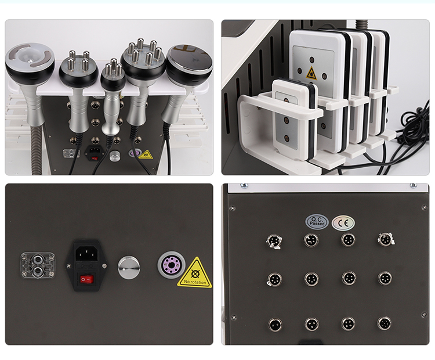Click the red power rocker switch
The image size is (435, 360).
point(86,279)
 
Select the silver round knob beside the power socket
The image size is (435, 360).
point(129,267)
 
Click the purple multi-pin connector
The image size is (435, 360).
point(171,265)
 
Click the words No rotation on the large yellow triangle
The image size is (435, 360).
point(194,282)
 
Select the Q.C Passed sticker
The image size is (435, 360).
point(317,222)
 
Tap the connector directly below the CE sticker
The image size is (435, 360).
point(348,239)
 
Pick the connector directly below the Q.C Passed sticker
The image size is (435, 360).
point(311,240)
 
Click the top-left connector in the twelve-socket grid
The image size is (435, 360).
point(273,240)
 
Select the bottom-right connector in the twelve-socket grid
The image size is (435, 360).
point(384,323)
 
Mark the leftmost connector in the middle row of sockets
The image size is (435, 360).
point(273,279)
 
